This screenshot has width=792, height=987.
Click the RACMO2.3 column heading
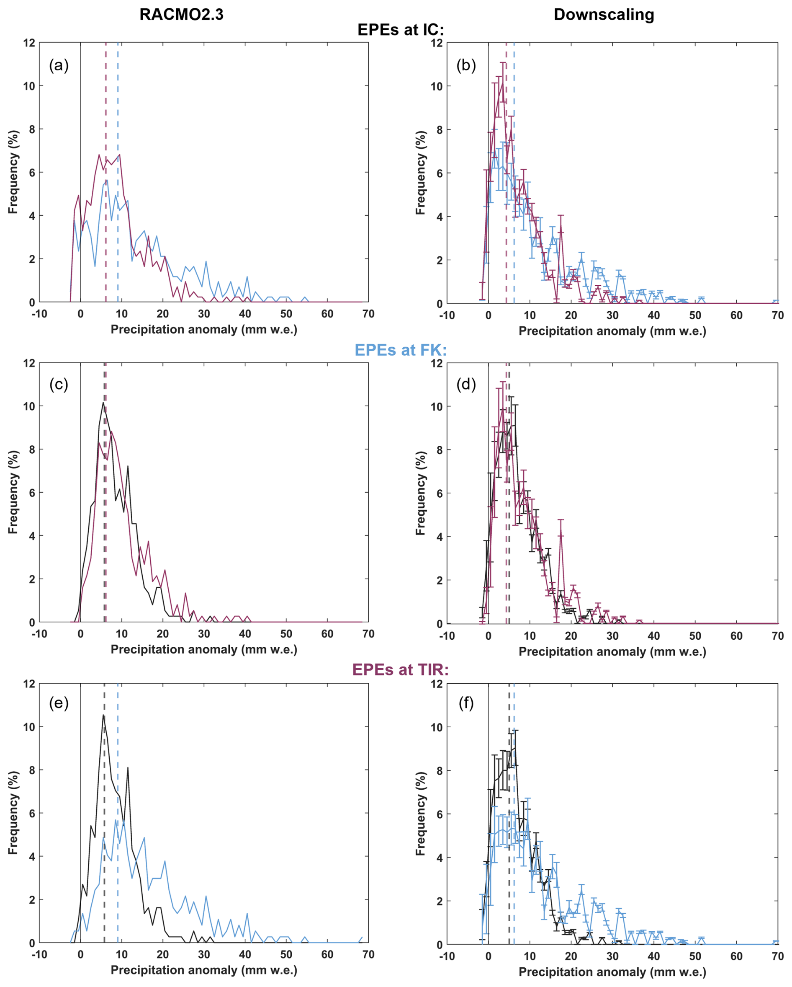pyautogui.click(x=181, y=15)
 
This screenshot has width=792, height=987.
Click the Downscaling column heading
pyautogui.click(x=604, y=15)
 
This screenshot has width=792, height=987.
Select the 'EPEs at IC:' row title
pyautogui.click(x=400, y=30)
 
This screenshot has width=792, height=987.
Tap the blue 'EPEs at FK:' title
pyautogui.click(x=400, y=350)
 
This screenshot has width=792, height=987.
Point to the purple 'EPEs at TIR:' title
pyautogui.click(x=400, y=670)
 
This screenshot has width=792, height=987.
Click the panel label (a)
pyautogui.click(x=59, y=65)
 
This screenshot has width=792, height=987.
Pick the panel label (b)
pyautogui.click(x=466, y=65)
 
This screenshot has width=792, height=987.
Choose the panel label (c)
pyautogui.click(x=59, y=385)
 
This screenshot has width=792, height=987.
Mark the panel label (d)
pyautogui.click(x=466, y=385)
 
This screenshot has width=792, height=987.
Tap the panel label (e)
pyautogui.click(x=59, y=703)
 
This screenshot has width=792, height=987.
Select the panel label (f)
pyautogui.click(x=466, y=703)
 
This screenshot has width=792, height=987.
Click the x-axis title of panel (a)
pyautogui.click(x=203, y=330)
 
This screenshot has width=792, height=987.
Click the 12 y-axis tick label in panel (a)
pyautogui.click(x=29, y=43)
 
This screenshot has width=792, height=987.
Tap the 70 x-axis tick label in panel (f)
pyautogui.click(x=777, y=956)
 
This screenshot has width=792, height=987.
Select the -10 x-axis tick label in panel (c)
pyautogui.click(x=39, y=634)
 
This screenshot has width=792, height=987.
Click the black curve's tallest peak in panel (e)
pyautogui.click(x=103, y=716)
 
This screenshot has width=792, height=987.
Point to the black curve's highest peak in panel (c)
pyautogui.click(x=103, y=403)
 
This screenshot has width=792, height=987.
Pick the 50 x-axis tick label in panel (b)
pyautogui.click(x=695, y=315)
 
